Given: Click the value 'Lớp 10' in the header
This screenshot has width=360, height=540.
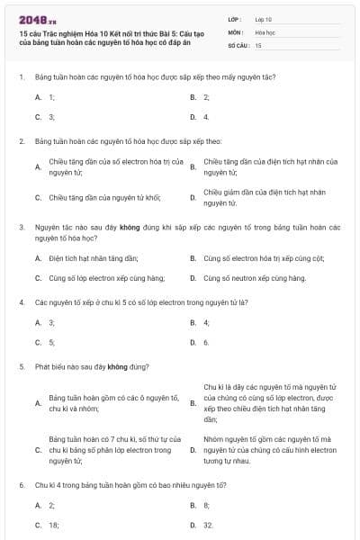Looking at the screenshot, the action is coord(264,18).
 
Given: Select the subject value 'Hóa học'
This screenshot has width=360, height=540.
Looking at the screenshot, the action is coord(265,31).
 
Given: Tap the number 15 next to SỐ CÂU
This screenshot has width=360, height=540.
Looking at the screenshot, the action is coord(258,44).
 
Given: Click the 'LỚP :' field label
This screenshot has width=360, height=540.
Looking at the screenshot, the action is coord(236,18).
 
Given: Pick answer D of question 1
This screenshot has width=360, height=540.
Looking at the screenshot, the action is coord(206,117).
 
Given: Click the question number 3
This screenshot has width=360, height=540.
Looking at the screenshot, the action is coord(21,229).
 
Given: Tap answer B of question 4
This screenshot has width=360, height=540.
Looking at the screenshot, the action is coord(206,322).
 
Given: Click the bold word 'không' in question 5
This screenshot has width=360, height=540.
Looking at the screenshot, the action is coord(118,367).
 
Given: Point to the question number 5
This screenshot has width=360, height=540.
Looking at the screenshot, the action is coord(21,367).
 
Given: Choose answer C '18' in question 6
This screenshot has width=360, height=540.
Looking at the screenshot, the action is coord(52,525).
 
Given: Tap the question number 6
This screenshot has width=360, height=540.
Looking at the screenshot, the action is coord(21,485).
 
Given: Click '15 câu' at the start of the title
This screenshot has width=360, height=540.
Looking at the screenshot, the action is coord(29,33).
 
